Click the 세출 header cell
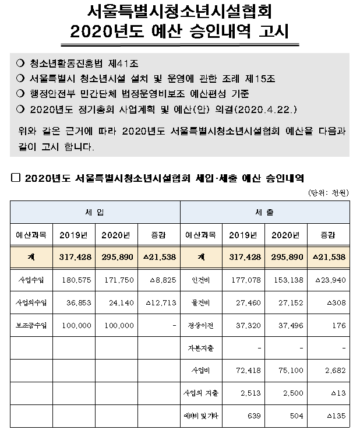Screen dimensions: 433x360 coord(265,213)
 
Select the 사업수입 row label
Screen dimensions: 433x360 coord(31,280)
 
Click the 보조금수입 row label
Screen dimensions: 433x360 coord(31,325)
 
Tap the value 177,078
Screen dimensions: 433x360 coord(243,280)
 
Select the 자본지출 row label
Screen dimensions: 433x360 coord(202,348)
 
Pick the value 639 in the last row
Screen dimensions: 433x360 coord(252,416)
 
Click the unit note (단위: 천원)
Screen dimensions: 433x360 coord(329,192)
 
